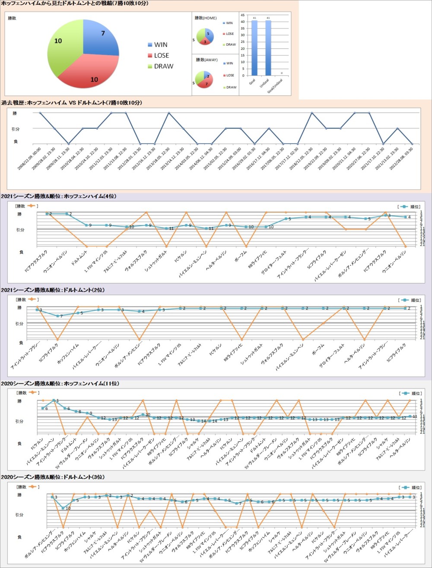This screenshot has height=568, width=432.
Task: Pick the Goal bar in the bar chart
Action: tap(254, 47)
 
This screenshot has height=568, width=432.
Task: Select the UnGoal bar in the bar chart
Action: tap(268, 47)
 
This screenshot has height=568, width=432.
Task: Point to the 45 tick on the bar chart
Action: tap(243, 15)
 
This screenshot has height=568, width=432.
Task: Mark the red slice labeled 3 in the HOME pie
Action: tap(205, 41)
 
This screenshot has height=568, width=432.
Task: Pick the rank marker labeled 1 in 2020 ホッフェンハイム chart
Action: tap(54, 401)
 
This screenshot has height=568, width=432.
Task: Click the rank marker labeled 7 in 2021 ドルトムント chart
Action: tap(57, 316)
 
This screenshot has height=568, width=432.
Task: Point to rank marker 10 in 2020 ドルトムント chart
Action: tap(63, 508)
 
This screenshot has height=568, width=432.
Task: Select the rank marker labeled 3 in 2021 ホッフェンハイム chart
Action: tap(385, 215)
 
